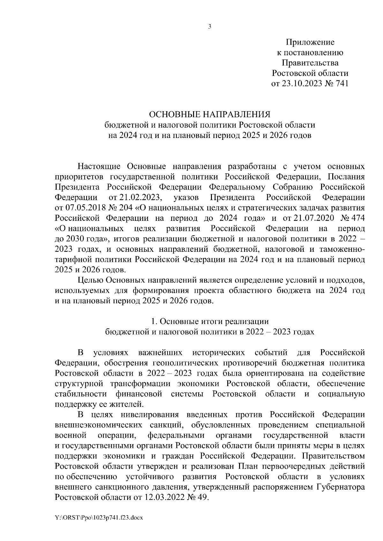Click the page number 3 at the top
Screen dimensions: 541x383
209,27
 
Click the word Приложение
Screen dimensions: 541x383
310,42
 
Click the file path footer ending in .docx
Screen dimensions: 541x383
98,518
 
